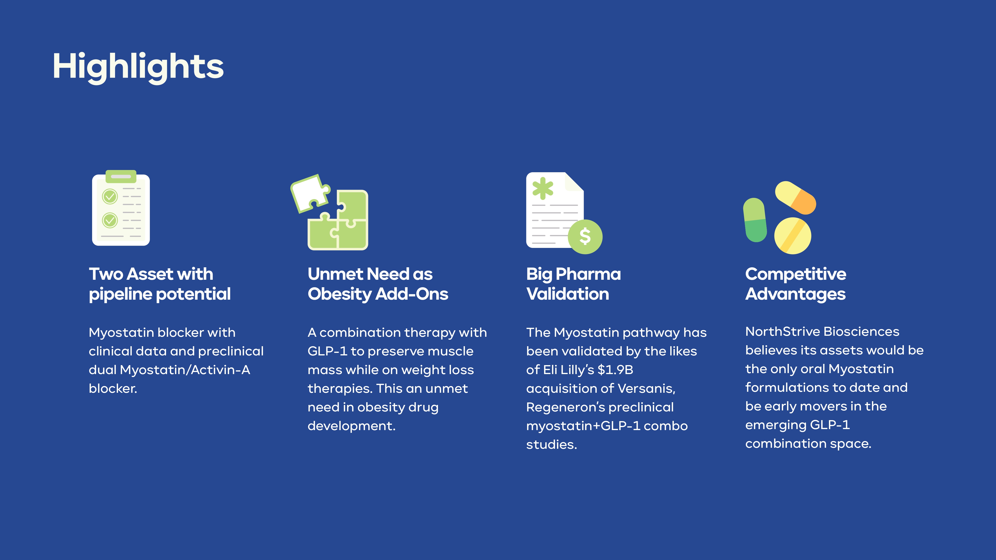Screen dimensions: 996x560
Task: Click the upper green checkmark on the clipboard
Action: click(110, 197)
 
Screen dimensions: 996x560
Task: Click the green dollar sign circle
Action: click(585, 236)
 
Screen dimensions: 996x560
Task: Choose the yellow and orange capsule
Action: click(795, 197)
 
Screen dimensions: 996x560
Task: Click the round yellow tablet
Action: click(793, 236)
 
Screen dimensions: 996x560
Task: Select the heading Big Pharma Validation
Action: click(573, 284)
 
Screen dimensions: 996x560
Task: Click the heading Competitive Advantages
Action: click(796, 284)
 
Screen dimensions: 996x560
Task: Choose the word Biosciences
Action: click(862, 332)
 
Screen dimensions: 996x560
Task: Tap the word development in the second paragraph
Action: click(351, 426)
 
